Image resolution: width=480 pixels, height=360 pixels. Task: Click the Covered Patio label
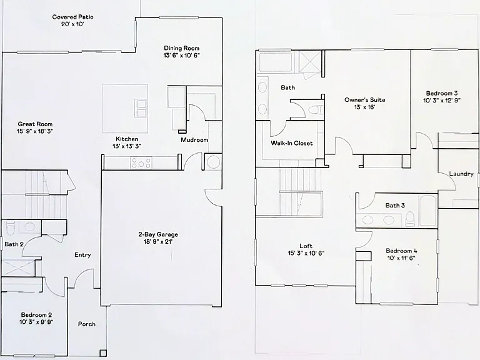[x=73, y=17]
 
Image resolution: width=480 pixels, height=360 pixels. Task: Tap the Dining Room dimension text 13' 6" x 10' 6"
[x=181, y=56]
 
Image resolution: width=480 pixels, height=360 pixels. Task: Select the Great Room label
[x=35, y=124]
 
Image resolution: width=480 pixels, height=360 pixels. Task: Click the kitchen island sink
[x=141, y=108]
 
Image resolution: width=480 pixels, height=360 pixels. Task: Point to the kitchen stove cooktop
[x=141, y=162]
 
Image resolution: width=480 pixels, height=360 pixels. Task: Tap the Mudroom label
[x=194, y=140]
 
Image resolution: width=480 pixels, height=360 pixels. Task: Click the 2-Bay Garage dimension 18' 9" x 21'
[x=158, y=242]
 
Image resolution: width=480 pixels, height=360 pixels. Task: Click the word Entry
[x=82, y=255]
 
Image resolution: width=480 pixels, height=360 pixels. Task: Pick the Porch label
[x=87, y=324]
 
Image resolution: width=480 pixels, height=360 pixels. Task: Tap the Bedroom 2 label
[x=36, y=315]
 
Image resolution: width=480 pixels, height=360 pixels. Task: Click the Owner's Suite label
[x=364, y=100]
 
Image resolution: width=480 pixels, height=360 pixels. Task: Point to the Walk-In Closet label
[x=292, y=143]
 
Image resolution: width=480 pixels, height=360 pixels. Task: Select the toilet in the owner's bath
[x=315, y=109]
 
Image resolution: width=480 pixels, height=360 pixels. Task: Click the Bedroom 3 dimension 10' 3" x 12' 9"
[x=442, y=101]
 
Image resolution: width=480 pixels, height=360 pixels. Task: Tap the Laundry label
[x=461, y=174]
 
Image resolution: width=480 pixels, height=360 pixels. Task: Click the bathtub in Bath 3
[x=427, y=211]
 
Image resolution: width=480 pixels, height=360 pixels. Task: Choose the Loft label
[x=306, y=246]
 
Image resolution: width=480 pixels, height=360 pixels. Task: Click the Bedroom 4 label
[x=401, y=251]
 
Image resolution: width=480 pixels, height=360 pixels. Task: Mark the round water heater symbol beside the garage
[x=213, y=162]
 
